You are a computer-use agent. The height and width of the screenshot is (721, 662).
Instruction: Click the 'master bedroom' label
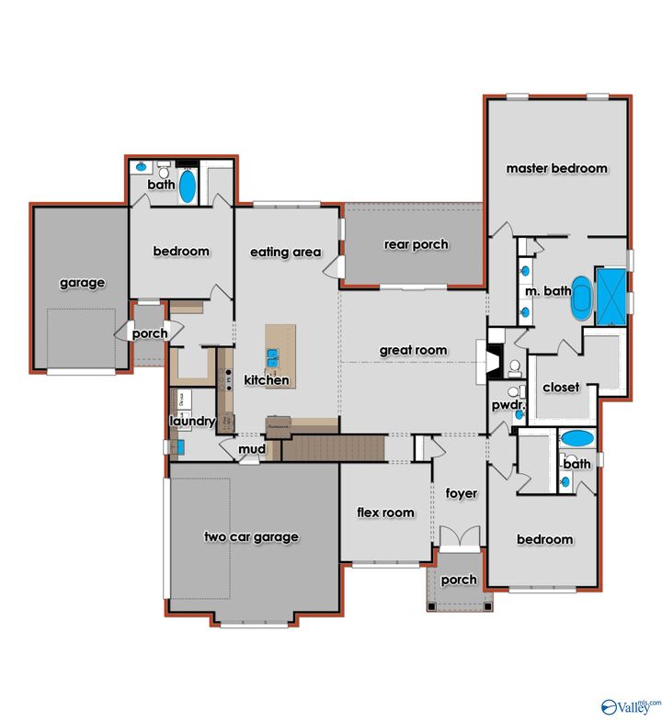[x=556, y=168]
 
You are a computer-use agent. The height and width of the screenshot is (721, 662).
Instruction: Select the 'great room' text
[x=414, y=350]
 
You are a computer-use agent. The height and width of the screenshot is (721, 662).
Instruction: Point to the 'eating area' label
[x=286, y=252]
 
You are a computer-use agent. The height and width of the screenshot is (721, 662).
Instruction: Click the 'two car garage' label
[x=251, y=537]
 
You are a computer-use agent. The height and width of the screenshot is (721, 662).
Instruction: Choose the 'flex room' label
[x=385, y=513]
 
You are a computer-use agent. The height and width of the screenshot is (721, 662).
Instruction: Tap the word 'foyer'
[x=462, y=493]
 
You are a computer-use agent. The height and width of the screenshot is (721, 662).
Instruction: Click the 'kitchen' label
[x=267, y=379]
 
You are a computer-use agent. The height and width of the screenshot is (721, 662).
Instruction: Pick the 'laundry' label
[x=192, y=422]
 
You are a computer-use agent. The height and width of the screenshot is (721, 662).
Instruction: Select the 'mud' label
[x=252, y=449]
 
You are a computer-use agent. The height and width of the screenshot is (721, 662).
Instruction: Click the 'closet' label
[x=561, y=387]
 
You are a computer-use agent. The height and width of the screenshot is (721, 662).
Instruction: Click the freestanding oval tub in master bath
[x=583, y=298]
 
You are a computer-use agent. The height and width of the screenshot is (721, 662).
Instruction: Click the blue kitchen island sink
[x=274, y=354]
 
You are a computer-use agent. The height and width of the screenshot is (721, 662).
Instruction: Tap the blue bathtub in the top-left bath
[x=188, y=187]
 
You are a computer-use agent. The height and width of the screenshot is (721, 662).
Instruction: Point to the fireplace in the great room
[x=487, y=362]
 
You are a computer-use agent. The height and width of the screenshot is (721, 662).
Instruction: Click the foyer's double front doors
[x=460, y=537]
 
